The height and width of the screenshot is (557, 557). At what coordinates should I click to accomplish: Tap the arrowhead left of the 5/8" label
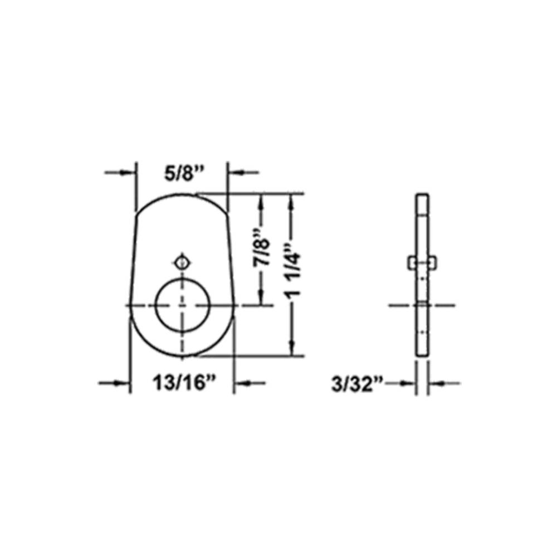(130, 173)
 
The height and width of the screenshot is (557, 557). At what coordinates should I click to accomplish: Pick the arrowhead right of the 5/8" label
(234, 173)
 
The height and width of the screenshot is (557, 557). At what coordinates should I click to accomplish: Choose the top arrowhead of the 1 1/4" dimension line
(291, 199)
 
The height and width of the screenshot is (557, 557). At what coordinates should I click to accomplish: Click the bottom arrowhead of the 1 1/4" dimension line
(291, 349)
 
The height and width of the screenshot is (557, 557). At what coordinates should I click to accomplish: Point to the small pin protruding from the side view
(422, 261)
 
